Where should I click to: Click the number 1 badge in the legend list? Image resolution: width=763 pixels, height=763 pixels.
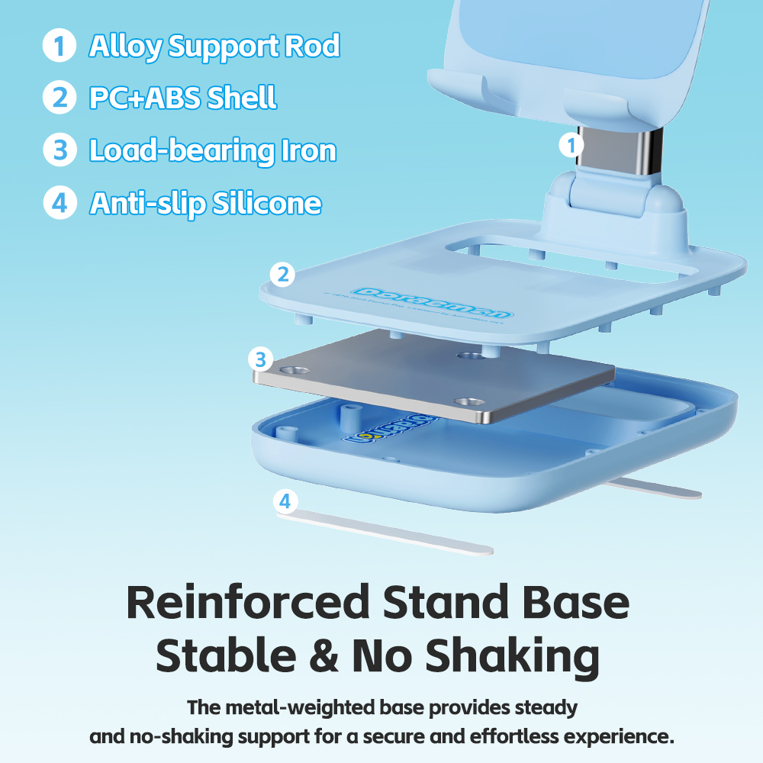[x=59, y=46]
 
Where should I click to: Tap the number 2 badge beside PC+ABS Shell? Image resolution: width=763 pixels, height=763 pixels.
[x=59, y=98]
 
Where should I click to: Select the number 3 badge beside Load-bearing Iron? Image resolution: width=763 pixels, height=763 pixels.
[x=59, y=150]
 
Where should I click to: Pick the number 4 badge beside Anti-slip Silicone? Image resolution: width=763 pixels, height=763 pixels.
[x=59, y=203]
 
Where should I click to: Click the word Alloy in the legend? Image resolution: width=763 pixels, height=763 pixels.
[x=125, y=47]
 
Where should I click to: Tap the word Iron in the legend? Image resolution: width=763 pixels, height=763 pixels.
[x=308, y=150]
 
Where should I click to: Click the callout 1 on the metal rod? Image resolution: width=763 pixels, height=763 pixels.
[x=570, y=145]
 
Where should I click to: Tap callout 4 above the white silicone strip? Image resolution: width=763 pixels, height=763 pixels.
[x=285, y=501]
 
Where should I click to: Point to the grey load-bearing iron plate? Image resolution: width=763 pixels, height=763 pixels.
[x=435, y=378]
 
